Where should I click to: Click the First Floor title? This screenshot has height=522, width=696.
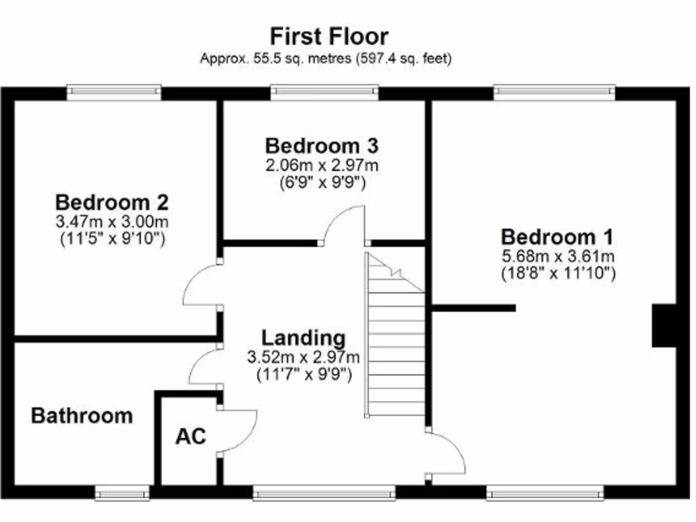click(x=329, y=35)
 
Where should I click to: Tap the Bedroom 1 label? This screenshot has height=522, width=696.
click(x=557, y=237)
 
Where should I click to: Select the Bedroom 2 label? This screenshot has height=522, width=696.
click(x=111, y=202)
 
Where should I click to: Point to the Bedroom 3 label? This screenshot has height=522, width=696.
click(x=321, y=145)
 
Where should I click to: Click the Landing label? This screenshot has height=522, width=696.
click(x=303, y=338)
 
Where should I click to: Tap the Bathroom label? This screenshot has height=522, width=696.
click(x=82, y=416)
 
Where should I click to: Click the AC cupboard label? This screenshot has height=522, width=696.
click(x=190, y=436)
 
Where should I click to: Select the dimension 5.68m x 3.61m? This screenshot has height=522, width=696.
click(x=557, y=256)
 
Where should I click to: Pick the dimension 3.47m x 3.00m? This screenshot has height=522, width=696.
click(x=111, y=221)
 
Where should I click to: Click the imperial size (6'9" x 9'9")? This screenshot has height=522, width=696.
click(x=321, y=182)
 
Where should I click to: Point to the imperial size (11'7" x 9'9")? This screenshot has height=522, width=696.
click(x=303, y=375)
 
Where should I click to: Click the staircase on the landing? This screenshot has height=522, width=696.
click(x=396, y=340)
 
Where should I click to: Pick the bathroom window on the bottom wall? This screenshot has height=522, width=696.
click(x=122, y=491)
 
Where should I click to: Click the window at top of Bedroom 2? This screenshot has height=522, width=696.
click(x=114, y=92)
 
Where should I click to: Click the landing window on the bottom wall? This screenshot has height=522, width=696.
click(x=324, y=491)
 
